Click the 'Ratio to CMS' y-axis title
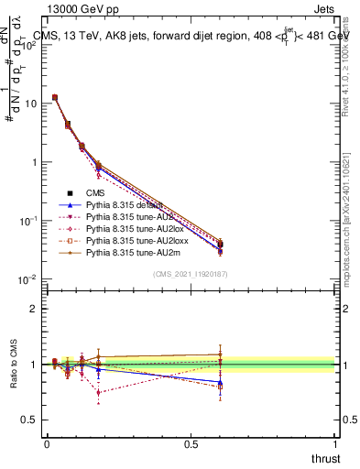coord(15,365)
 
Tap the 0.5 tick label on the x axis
coord(191,443)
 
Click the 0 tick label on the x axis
coord(47,443)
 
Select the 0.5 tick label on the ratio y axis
coord(30,420)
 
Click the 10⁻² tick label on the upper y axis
coord(28,279)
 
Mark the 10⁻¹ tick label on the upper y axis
coord(28,221)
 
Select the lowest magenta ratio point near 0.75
coord(99,392)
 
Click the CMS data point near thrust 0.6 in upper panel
coord(219,250)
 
